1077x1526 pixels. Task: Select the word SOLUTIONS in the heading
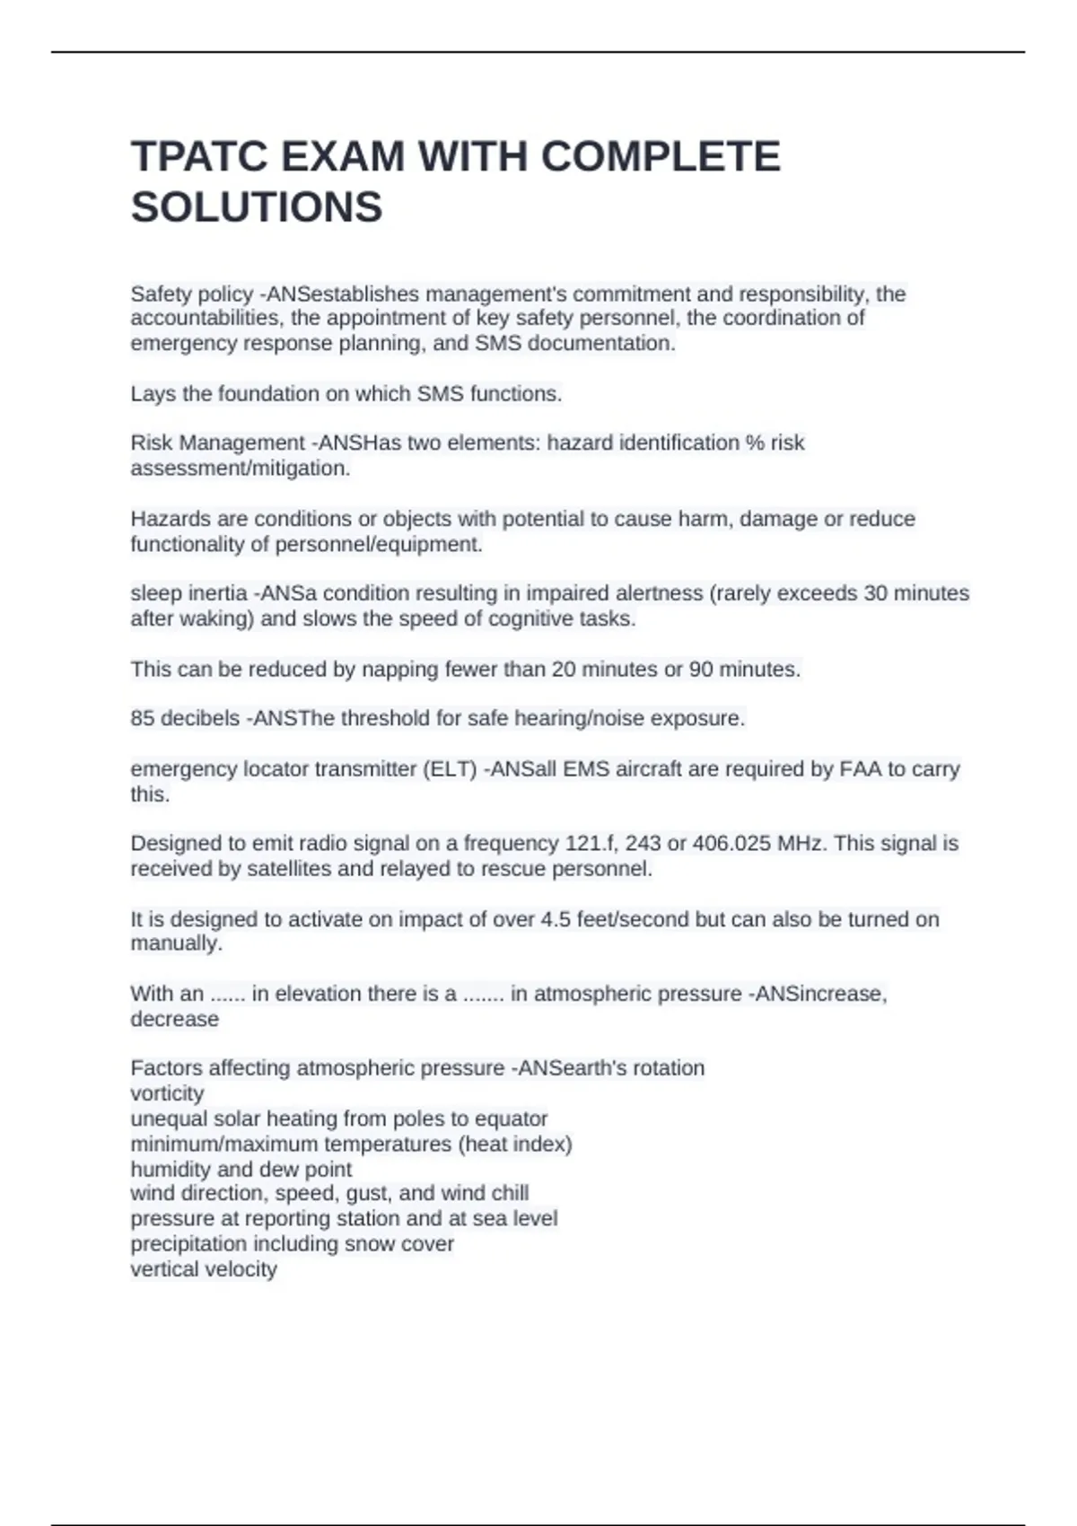pos(257,207)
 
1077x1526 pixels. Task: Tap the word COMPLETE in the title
pos(661,157)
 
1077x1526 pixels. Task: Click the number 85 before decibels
pos(142,718)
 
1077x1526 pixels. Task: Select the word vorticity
pos(167,1093)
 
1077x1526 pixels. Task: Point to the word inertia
pos(215,593)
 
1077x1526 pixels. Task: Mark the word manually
pos(176,943)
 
